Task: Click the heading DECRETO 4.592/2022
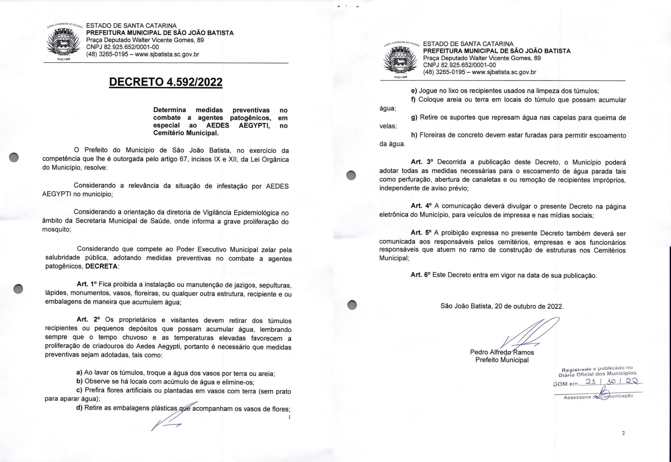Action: [x=166, y=82]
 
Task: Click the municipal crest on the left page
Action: [x=64, y=42]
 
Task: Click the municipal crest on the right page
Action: [x=400, y=60]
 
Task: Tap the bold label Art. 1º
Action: [x=87, y=284]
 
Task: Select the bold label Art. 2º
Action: [x=88, y=320]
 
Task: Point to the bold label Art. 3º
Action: [x=422, y=162]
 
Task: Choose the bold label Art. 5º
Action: [x=422, y=233]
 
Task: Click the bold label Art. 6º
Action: [x=420, y=275]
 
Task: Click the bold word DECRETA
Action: [x=102, y=266]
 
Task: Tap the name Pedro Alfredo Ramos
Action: [x=502, y=352]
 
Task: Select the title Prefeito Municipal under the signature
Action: [x=502, y=360]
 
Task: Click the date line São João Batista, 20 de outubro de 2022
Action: [x=502, y=306]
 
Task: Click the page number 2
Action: [x=623, y=433]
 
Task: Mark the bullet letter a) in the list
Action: [x=79, y=373]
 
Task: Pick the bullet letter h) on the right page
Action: [x=414, y=135]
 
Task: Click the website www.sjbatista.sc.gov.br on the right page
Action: [x=504, y=72]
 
